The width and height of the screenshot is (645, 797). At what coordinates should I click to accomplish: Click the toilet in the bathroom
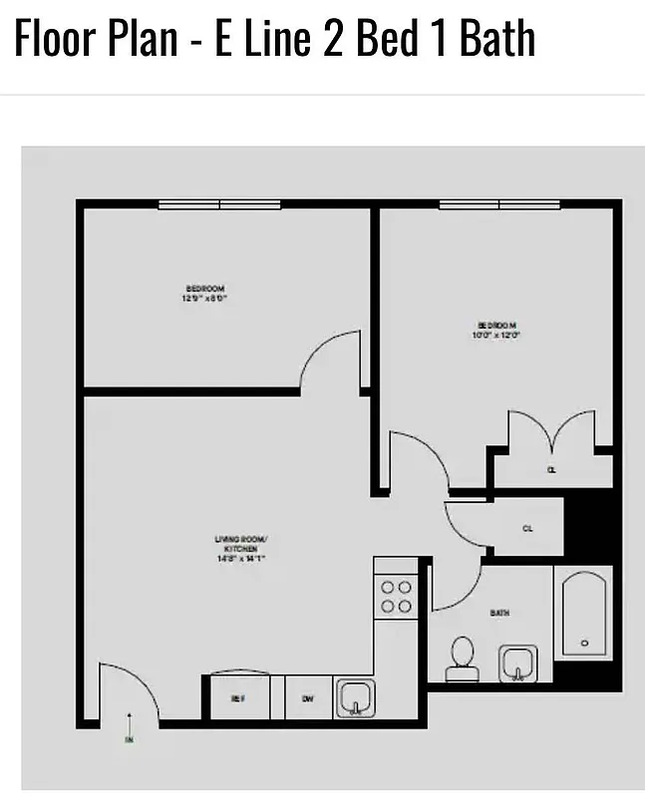point(462,659)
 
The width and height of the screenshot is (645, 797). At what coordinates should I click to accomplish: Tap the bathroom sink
point(517,664)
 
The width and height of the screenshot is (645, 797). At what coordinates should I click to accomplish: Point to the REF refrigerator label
point(238,698)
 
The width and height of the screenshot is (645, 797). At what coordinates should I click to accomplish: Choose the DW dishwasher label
point(308,698)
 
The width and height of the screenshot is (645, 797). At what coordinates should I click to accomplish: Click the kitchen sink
point(354,697)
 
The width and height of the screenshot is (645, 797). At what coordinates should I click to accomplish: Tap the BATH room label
point(499,613)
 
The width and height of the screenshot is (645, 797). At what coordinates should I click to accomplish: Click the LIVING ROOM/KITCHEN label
point(241,548)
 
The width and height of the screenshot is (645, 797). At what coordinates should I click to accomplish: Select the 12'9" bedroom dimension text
point(198,298)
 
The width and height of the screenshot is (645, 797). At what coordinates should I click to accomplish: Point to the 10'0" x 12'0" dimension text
point(497,336)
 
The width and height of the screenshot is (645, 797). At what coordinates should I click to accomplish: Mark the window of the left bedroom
point(219,205)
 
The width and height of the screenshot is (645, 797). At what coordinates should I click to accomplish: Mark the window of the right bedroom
point(499,205)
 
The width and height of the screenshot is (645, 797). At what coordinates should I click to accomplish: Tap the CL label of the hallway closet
point(527,529)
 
